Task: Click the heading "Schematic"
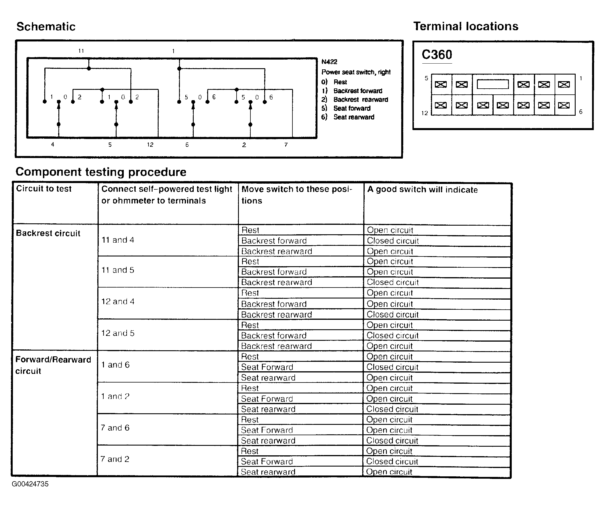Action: (46, 27)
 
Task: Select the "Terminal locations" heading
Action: (466, 26)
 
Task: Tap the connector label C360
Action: (437, 55)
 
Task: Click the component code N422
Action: (329, 62)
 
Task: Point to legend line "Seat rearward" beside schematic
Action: (353, 117)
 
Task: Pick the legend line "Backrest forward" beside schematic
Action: (357, 91)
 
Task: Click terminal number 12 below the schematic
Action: (150, 145)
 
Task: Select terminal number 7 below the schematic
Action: (286, 145)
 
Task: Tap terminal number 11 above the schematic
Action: (81, 51)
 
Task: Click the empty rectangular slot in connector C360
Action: (493, 84)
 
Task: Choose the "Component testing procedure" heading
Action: (101, 172)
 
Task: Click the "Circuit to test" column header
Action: (44, 189)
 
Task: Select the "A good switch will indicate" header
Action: (422, 190)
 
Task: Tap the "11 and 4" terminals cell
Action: (118, 240)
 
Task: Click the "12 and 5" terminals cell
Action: (118, 333)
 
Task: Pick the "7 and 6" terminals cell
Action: (115, 428)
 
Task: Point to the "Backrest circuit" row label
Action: (48, 233)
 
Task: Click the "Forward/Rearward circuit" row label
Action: (53, 365)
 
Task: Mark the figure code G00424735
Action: (30, 484)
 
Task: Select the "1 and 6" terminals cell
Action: (115, 365)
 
